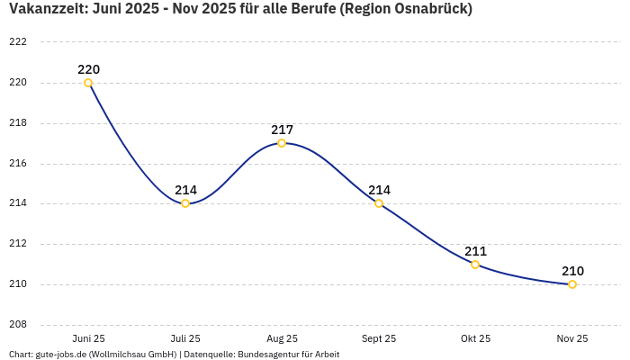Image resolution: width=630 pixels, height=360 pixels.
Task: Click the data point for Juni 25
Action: [88, 83]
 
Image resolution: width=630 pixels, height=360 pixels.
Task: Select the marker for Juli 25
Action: [185, 203]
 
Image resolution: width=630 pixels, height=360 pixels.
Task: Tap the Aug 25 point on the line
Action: [282, 143]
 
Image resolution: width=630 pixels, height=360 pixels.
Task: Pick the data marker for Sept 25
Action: [379, 203]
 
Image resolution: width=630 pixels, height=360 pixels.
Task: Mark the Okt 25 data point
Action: [475, 265]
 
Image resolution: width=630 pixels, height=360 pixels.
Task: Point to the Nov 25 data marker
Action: [572, 284]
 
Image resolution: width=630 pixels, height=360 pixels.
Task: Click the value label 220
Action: [88, 69]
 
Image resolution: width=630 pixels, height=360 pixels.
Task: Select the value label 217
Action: [282, 130]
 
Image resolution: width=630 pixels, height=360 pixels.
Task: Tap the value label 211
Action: [475, 251]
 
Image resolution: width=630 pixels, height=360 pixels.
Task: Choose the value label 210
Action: [572, 271]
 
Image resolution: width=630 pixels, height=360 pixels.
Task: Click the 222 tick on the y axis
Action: [18, 42]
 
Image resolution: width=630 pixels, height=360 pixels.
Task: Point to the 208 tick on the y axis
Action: [18, 325]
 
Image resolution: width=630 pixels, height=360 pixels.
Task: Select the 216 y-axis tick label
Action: [18, 164]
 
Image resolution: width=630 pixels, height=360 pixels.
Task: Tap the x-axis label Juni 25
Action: [88, 338]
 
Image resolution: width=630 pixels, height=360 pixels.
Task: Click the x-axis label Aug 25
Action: [282, 338]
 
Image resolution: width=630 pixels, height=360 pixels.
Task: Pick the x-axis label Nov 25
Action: [572, 338]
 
